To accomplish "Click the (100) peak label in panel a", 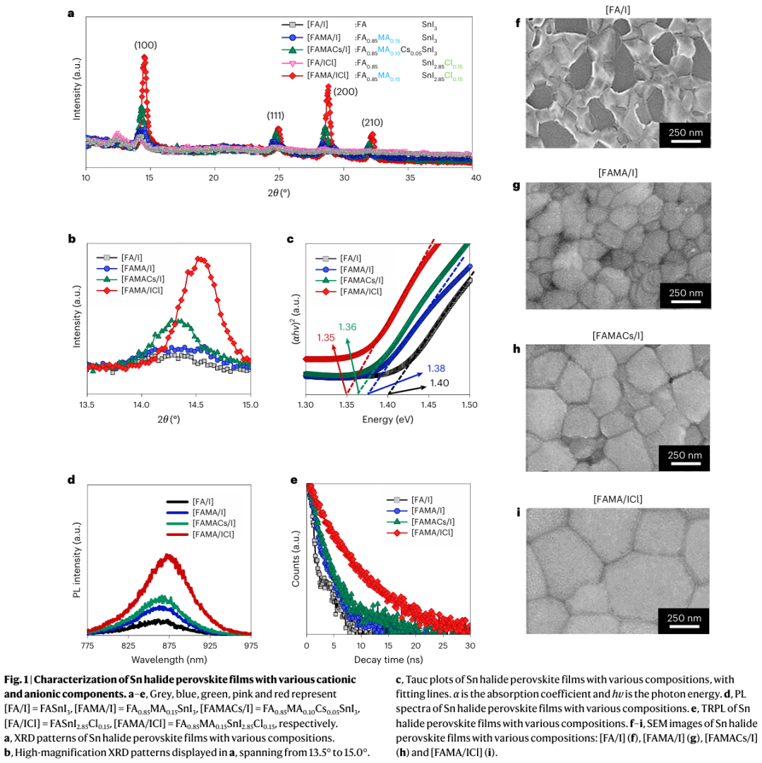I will [145, 45].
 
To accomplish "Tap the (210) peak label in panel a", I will [373, 122].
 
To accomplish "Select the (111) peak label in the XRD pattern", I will [276, 115].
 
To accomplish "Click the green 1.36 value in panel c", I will [348, 326].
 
